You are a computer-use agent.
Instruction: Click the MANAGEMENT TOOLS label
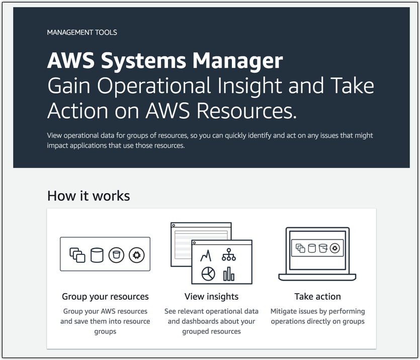pos(82,32)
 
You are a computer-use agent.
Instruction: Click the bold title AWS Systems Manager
pos(165,61)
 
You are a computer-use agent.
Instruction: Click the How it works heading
pos(89,195)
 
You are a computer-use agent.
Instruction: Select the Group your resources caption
pos(105,296)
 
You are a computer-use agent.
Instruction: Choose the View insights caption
pos(211,296)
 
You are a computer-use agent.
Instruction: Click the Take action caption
pos(317,296)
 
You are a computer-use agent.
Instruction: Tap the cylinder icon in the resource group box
pos(97,255)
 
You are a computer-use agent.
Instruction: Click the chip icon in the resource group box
pos(136,255)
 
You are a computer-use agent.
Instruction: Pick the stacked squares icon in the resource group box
pos(77,255)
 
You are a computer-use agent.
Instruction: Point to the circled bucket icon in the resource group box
pos(116,255)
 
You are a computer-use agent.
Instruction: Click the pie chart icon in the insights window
pos(208,274)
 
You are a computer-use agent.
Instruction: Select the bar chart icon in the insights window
pos(229,273)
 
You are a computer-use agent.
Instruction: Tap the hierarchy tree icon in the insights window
pos(229,254)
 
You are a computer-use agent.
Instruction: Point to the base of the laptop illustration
pos(317,277)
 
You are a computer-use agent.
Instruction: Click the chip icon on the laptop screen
pos(335,248)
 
